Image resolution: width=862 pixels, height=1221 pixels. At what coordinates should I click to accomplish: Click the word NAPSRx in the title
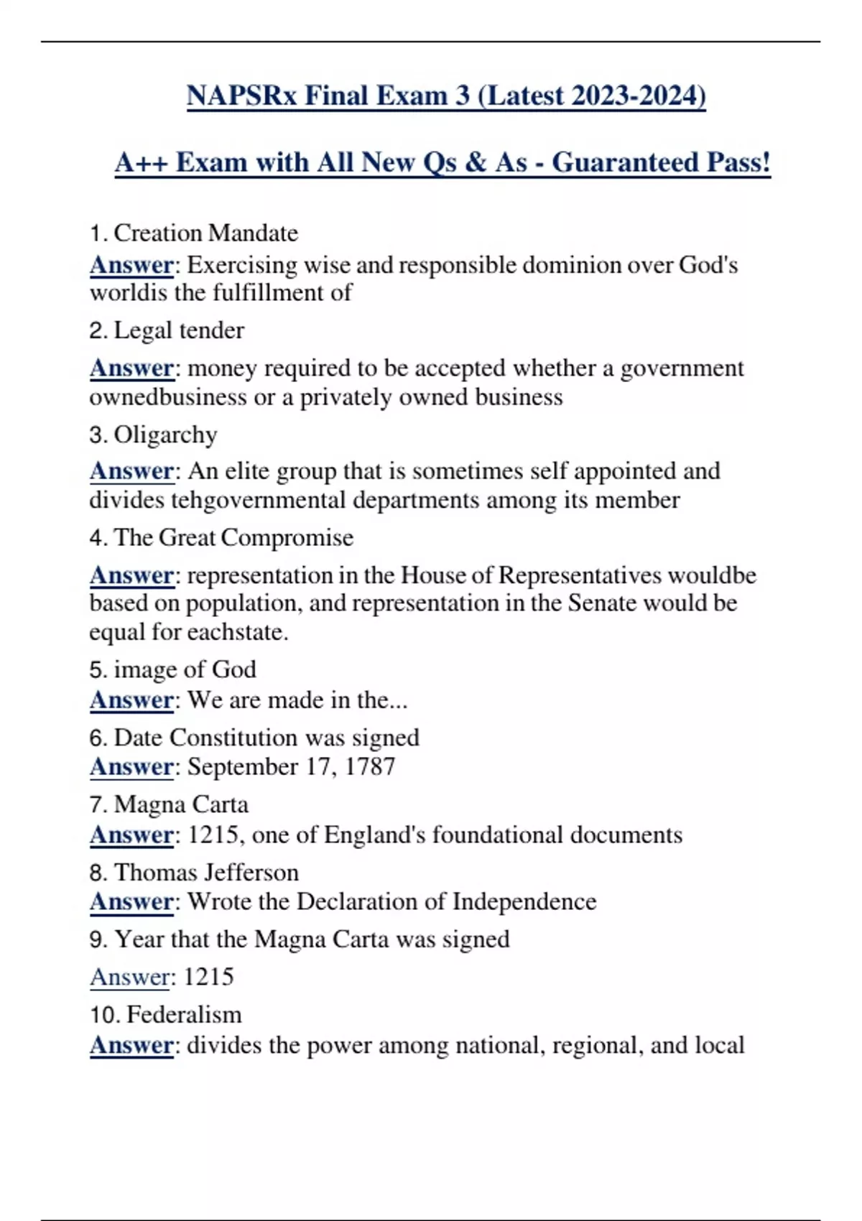[x=241, y=96]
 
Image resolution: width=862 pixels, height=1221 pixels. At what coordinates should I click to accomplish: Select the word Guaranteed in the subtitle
[x=625, y=162]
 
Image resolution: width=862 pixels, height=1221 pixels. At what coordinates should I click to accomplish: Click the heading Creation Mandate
[x=205, y=233]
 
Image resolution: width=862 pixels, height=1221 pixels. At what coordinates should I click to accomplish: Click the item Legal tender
[x=179, y=330]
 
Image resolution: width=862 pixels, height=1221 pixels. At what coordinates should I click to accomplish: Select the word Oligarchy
[x=165, y=435]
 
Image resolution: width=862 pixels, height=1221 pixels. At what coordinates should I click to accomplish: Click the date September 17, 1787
[x=291, y=766]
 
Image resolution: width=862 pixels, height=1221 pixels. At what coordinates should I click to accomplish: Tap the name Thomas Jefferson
[x=206, y=872]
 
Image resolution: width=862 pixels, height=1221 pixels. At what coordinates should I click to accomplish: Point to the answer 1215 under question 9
[x=209, y=977]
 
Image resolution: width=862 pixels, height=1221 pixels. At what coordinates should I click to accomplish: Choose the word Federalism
[x=184, y=1014]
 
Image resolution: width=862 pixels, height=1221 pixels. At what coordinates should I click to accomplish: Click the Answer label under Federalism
[x=131, y=1045]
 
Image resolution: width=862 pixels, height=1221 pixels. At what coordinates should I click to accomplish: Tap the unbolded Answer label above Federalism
[x=131, y=977]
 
